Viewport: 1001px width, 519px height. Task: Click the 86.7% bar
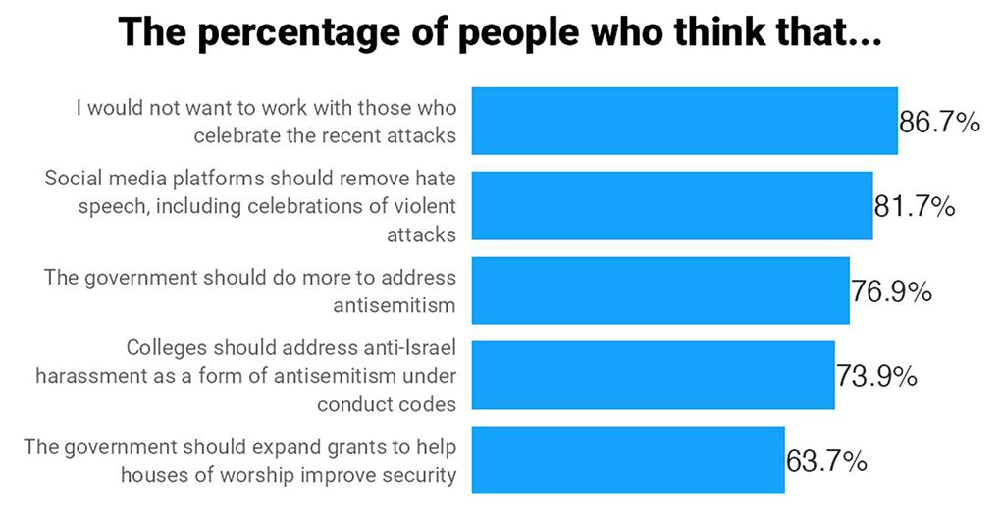[684, 121]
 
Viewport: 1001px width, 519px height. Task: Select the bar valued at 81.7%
[672, 206]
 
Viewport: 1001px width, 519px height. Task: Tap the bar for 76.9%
[660, 290]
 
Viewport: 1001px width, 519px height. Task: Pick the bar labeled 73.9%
[653, 375]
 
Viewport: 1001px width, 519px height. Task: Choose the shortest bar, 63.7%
[628, 459]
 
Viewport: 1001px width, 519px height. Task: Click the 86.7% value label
[939, 122]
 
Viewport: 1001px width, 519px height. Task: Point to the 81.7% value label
[915, 207]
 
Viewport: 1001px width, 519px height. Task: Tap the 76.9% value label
[891, 291]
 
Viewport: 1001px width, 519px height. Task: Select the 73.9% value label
[876, 376]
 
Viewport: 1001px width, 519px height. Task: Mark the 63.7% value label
[826, 461]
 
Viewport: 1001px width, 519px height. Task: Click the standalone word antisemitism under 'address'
[395, 305]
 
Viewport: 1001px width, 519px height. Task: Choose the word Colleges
[167, 348]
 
